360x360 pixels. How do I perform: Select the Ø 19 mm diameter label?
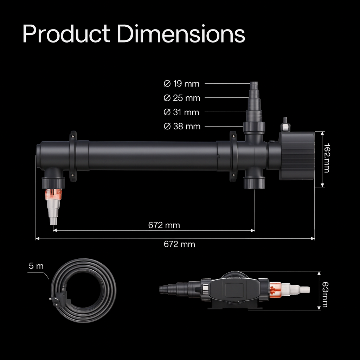pyautogui.click(x=181, y=84)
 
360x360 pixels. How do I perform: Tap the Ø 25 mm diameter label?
pyautogui.click(x=181, y=98)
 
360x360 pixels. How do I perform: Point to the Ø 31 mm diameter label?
pyautogui.click(x=181, y=112)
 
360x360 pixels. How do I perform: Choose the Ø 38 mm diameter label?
pyautogui.click(x=181, y=126)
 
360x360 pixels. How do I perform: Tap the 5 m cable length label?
pyautogui.click(x=36, y=266)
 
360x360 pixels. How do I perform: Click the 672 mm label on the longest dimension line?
pyautogui.click(x=179, y=244)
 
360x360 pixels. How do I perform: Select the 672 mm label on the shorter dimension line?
pyautogui.click(x=164, y=225)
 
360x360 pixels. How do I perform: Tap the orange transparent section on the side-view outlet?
pyautogui.click(x=53, y=194)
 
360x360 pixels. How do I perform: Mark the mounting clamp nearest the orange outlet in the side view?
pyautogui.click(x=73, y=156)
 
